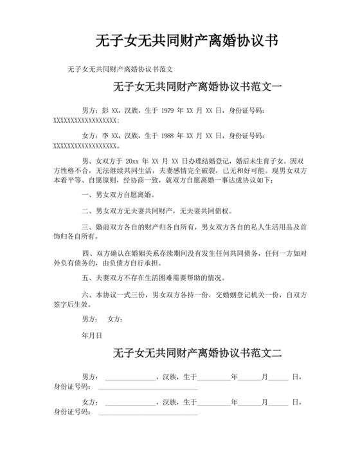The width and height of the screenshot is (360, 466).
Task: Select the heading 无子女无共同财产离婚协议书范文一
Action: (197, 87)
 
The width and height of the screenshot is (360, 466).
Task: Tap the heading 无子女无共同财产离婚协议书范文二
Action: (197, 353)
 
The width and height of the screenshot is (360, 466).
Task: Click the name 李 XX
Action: (111, 136)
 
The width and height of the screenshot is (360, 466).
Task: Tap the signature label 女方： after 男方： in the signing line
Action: (116, 319)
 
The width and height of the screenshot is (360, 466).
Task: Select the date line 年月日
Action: (89, 335)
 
